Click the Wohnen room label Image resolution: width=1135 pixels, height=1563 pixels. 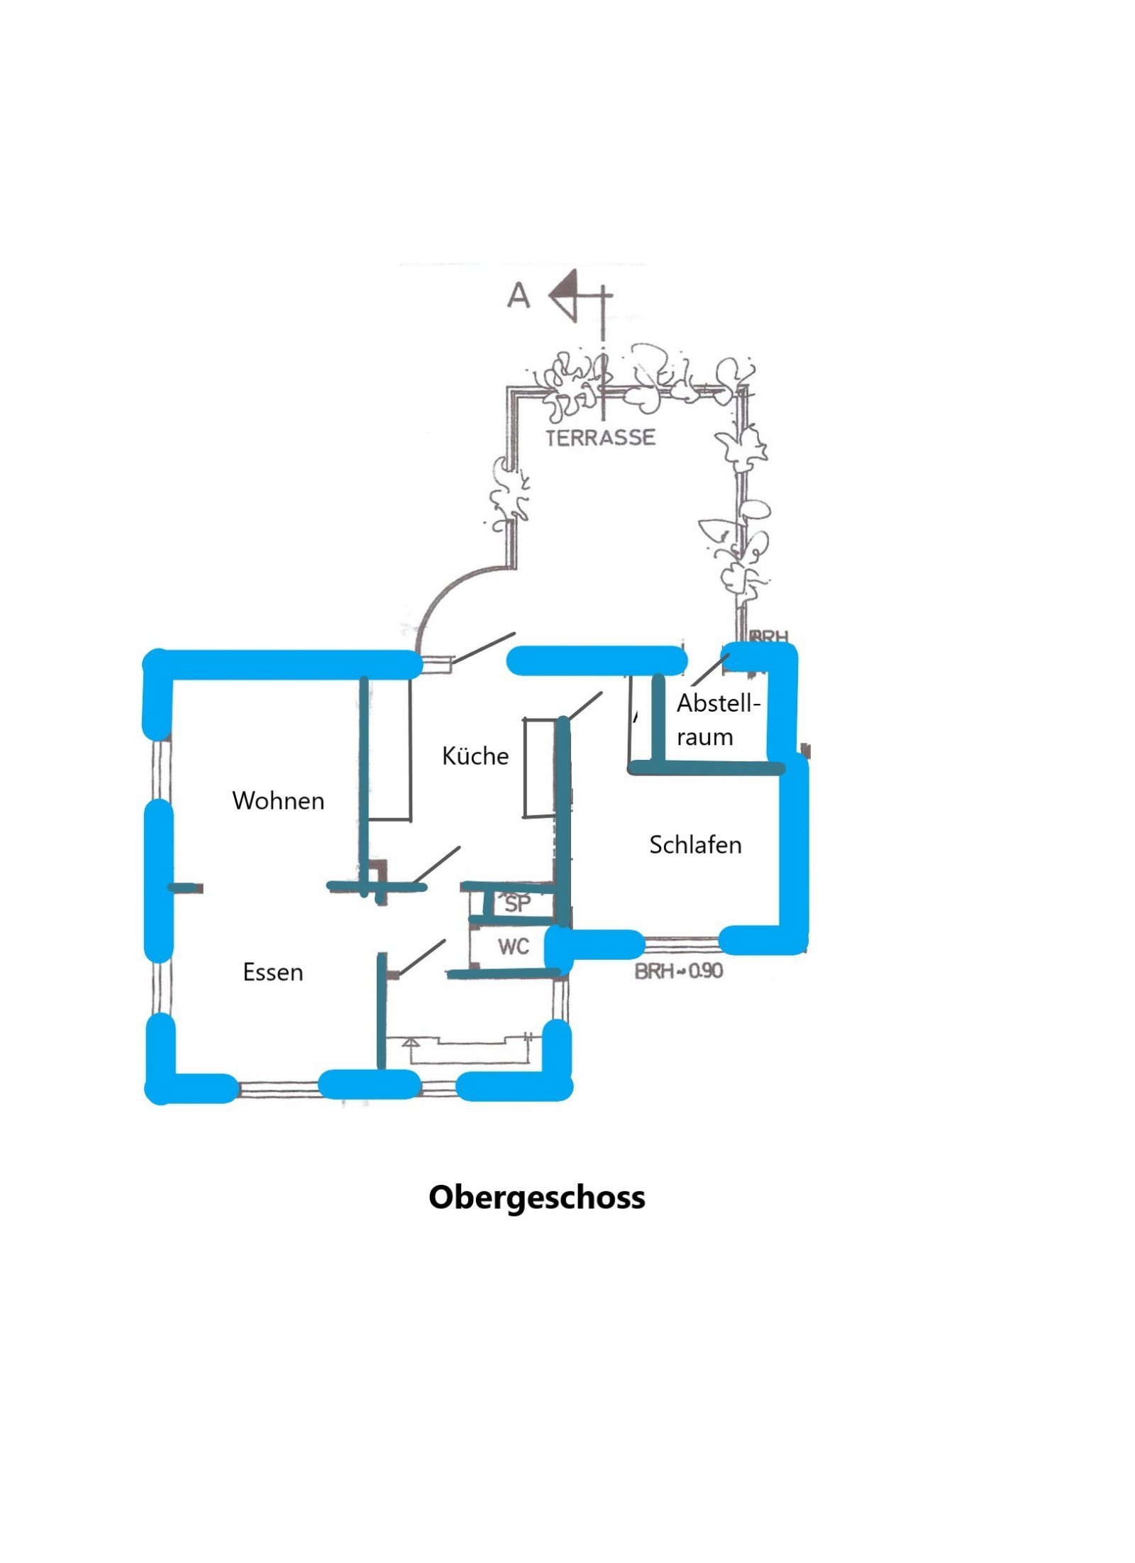[x=277, y=800]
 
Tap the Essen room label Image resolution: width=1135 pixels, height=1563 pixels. [x=272, y=971]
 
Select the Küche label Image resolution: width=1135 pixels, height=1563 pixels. [x=475, y=756]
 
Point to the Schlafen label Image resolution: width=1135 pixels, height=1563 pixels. [x=694, y=844]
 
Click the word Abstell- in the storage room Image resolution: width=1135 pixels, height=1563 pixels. [x=718, y=703]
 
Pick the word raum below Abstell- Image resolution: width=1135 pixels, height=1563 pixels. [x=704, y=737]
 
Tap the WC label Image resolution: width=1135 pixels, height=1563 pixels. [x=513, y=946]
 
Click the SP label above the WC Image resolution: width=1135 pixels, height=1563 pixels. [x=517, y=904]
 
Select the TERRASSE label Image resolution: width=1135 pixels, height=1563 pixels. [x=600, y=438]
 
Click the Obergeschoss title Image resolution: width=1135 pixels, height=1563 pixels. [x=536, y=1197]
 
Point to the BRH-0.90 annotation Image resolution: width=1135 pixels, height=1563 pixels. [x=678, y=971]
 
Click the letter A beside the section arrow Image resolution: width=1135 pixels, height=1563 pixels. [x=518, y=295]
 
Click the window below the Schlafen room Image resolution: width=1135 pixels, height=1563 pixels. [x=681, y=943]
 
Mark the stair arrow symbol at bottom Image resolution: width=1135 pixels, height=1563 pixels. [x=410, y=1043]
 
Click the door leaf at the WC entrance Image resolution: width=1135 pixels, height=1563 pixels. [x=423, y=957]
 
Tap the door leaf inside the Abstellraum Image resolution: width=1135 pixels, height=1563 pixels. [x=710, y=670]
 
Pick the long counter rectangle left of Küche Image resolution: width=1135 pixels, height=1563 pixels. [x=389, y=749]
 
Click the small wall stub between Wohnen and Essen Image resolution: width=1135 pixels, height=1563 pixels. [x=186, y=888]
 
